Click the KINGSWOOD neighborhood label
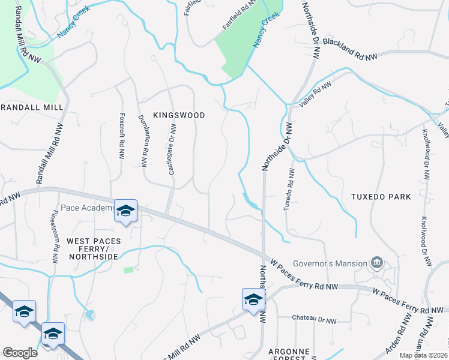coord(179,115)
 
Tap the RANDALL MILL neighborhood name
coord(32,107)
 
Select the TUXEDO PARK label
coord(382,196)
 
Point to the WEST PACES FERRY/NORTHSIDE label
coord(92,248)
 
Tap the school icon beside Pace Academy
coord(126,211)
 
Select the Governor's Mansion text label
coord(330,263)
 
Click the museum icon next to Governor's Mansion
coord(376,262)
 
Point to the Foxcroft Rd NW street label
coord(122,133)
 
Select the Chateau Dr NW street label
coord(314,320)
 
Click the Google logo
coord(20,353)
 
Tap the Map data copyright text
coord(424,355)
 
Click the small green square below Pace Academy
coord(128,271)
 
